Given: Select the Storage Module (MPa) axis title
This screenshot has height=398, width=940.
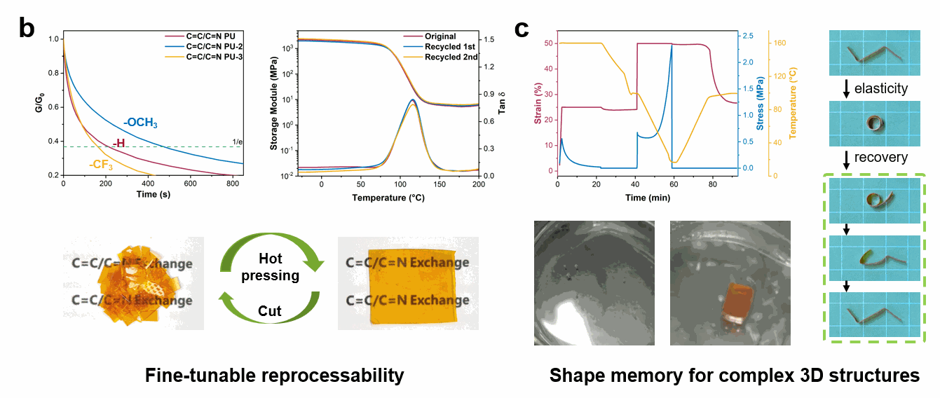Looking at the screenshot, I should click(x=276, y=105).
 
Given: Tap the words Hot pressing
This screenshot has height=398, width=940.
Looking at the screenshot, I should click(x=270, y=267).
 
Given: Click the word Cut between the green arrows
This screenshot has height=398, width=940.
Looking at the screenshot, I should click(x=270, y=310).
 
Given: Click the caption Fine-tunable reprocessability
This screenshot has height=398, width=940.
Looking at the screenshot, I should click(x=275, y=376).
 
